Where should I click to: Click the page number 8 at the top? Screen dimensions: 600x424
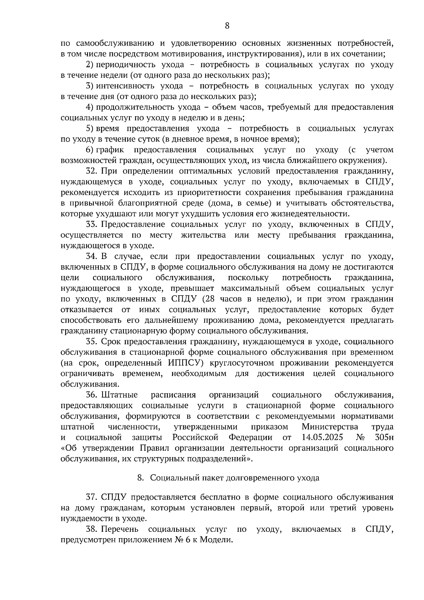pos(227,25)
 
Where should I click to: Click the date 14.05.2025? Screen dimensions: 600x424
pos(322,437)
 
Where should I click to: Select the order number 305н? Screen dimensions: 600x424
pos(384,437)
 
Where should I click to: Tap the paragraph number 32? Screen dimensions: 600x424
pos(92,171)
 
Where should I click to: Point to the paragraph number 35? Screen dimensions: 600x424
pos(92,342)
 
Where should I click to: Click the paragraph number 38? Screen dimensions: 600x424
pos(92,529)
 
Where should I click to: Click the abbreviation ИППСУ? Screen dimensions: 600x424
pos(183,363)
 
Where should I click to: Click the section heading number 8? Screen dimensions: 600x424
pos(140,478)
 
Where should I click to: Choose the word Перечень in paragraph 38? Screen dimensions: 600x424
pos(120,529)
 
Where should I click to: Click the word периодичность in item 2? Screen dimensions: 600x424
pos(122,65)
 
